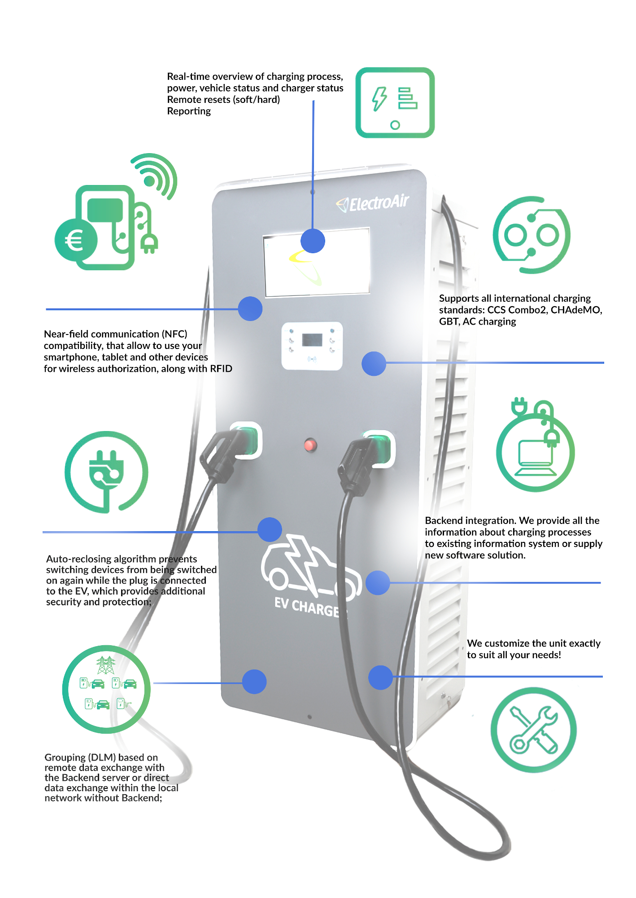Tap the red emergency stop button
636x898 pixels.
(310, 445)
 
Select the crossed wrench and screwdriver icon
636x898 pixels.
(533, 730)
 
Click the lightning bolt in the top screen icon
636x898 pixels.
(379, 98)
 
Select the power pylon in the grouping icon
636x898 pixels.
(106, 665)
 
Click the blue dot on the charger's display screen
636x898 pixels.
(313, 241)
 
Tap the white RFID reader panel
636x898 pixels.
(312, 346)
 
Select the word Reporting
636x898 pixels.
(189, 111)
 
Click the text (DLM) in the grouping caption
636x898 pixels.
(102, 757)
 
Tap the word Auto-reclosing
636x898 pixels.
(79, 559)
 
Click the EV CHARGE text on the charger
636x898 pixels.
(307, 607)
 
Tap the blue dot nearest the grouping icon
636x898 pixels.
(254, 682)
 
